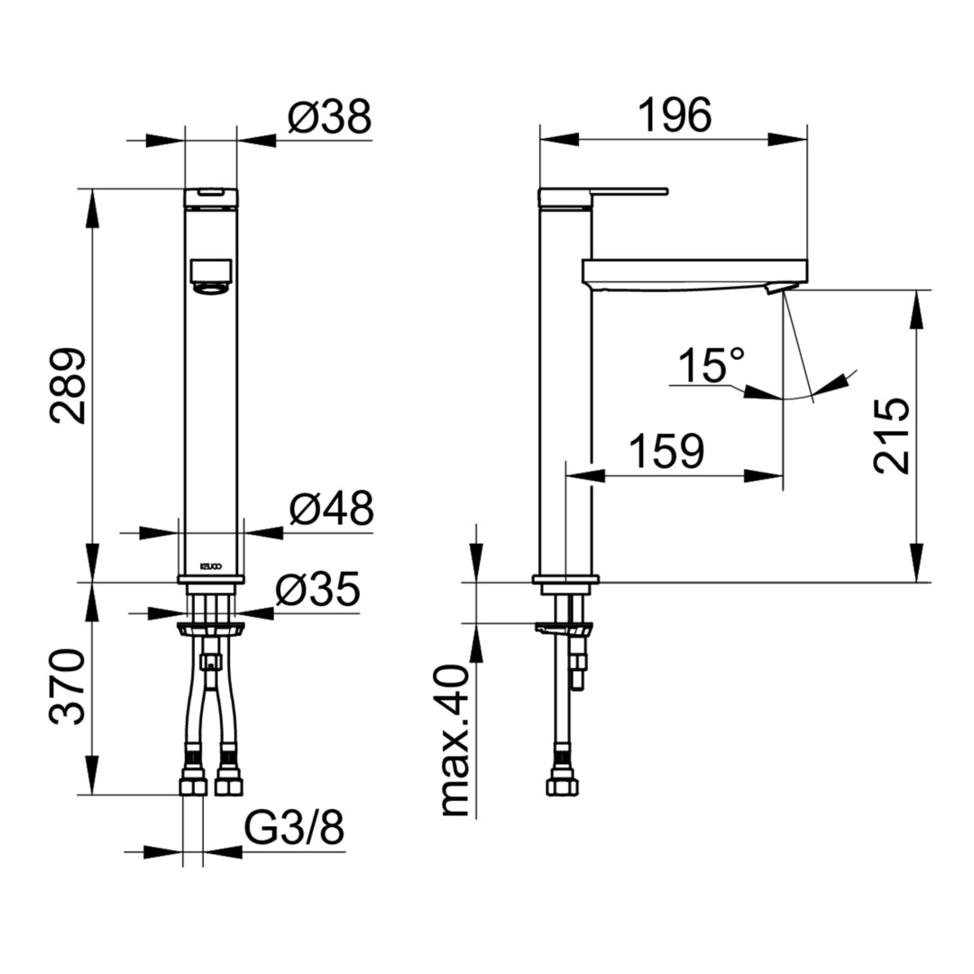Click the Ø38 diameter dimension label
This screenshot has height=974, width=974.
pos(329,116)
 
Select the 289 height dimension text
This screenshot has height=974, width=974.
pos(69,386)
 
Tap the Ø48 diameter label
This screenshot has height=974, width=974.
pos(332,508)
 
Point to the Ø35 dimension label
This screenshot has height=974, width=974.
pos(318,588)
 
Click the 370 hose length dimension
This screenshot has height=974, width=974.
pos(67,686)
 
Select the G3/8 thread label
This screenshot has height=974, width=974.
pos(294,828)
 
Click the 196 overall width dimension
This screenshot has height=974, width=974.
pos(675,115)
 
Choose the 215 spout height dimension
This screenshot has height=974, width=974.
pos(891,436)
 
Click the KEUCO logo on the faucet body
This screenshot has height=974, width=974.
pos(210,566)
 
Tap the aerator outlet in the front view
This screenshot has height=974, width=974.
pos(211,278)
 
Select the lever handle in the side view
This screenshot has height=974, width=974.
pos(602,197)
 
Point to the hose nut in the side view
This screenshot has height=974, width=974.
pos(563,786)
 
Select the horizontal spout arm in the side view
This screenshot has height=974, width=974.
pos(695,271)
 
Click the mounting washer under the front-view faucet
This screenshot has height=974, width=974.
pos(210,628)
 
